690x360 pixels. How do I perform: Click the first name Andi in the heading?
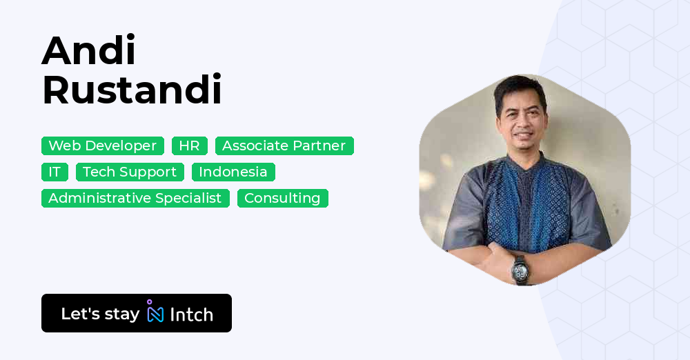pyautogui.click(x=88, y=50)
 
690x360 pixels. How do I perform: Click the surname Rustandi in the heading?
pyautogui.click(x=132, y=90)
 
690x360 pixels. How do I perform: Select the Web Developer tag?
pyautogui.click(x=103, y=146)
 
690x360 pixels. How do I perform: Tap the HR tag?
pyautogui.click(x=189, y=146)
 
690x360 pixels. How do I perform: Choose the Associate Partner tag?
pyautogui.click(x=284, y=146)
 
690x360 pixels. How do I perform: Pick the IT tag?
pyautogui.click(x=55, y=172)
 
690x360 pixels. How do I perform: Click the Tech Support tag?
pyautogui.click(x=130, y=172)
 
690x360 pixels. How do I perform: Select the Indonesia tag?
pyautogui.click(x=233, y=172)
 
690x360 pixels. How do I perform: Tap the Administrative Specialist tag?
pyautogui.click(x=135, y=198)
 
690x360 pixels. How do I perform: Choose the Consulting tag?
pyautogui.click(x=282, y=198)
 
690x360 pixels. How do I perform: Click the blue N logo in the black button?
pyautogui.click(x=155, y=314)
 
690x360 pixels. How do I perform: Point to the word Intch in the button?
pyautogui.click(x=191, y=314)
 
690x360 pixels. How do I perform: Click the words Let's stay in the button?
pyautogui.click(x=100, y=314)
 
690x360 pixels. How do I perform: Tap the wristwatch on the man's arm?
pyautogui.click(x=519, y=268)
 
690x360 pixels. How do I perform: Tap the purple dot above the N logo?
pyautogui.click(x=149, y=301)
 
